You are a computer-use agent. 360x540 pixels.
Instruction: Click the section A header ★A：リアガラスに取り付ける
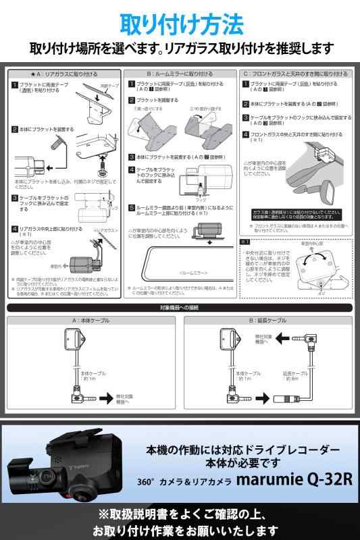click(x=64, y=74)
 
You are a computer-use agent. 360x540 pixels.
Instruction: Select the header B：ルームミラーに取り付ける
click(x=180, y=74)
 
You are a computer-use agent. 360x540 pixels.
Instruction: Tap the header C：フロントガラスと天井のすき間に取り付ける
click(x=296, y=74)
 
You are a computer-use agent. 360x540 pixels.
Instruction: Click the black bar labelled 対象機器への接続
click(x=180, y=308)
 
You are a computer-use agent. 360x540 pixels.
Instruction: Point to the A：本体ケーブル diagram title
click(x=93, y=321)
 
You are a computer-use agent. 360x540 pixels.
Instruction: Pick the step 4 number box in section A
click(x=14, y=230)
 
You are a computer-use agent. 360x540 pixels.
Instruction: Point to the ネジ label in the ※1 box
click(x=303, y=294)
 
